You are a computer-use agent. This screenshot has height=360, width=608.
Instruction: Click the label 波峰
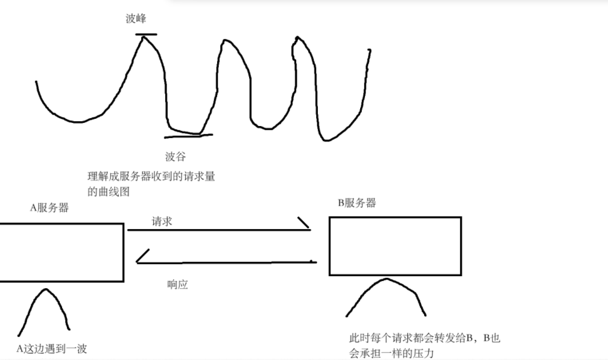pos(136,19)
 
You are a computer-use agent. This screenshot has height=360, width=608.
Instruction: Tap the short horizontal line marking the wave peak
pos(146,34)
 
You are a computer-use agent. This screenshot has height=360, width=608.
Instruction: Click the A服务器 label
pos(49,208)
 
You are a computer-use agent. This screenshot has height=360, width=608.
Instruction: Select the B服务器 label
pos(357,203)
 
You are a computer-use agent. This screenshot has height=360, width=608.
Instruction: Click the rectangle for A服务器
pos(60,252)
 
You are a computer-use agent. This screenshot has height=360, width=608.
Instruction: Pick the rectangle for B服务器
pos(395,246)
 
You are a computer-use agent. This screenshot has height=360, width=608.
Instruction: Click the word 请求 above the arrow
pos(162,222)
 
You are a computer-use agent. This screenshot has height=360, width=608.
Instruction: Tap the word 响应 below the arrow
pos(177,285)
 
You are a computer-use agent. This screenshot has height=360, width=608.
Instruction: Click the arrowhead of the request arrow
pos(305,224)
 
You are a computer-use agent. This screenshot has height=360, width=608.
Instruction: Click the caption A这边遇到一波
pos(51,348)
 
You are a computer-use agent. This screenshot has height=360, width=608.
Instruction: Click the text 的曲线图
pos(109,192)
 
